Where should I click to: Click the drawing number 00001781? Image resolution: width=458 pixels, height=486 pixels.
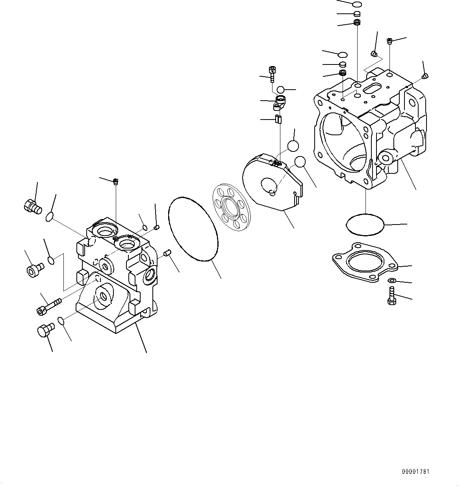415,471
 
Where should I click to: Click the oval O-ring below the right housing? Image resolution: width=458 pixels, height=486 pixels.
365,225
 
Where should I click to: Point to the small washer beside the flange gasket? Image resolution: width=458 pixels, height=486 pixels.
392,280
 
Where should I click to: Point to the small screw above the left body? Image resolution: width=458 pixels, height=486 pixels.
116,181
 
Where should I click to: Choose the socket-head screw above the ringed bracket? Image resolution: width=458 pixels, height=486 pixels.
272,72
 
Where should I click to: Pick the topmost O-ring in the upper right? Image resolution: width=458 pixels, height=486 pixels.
357,4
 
